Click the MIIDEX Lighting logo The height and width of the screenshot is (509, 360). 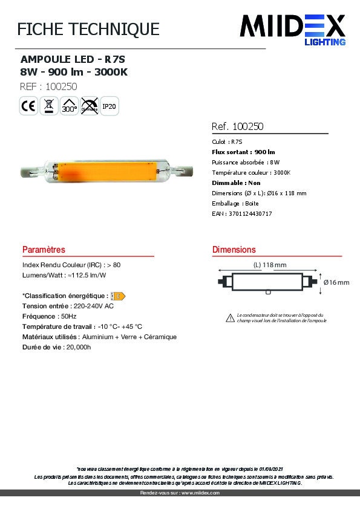pos(293,29)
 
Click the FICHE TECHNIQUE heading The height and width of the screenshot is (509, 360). pos(88,29)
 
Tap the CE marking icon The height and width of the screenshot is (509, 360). pos(28,106)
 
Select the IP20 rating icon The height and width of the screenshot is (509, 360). pos(109,106)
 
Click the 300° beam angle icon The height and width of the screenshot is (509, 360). pos(69,106)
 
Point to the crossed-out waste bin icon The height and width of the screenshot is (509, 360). pos(48,106)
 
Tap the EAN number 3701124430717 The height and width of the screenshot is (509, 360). pos(250,213)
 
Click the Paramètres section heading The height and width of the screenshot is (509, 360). pos(44,250)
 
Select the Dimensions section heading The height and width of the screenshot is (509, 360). pos(234,250)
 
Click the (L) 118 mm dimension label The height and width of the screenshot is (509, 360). pos(269,265)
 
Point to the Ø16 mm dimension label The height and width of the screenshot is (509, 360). pos(336,282)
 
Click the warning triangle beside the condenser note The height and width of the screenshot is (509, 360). pos(230,317)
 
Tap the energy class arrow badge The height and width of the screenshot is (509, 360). pos(119,296)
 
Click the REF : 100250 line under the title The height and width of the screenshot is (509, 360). pos(48,86)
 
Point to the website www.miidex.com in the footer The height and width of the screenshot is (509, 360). pos(200,493)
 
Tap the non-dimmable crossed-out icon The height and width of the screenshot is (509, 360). pos(89,106)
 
